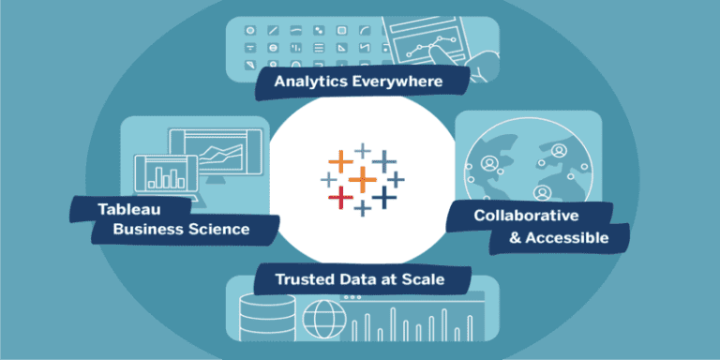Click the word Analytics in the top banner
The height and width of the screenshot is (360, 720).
tap(310, 82)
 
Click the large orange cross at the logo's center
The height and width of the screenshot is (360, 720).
tap(361, 177)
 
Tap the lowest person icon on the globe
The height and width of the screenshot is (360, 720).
tap(542, 192)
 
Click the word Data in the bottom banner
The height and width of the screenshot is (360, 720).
tap(366, 279)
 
